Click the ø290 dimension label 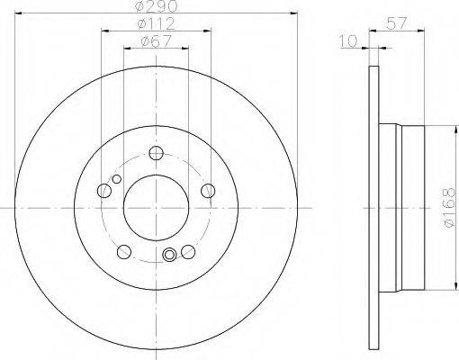point(157,6)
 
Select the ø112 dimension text point(157,23)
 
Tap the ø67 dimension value point(156,41)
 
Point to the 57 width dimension point(397,23)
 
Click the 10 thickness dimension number point(349,41)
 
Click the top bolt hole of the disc point(157,153)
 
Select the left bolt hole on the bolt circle point(104,191)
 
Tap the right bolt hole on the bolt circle point(208,191)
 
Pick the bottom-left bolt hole point(124,251)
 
